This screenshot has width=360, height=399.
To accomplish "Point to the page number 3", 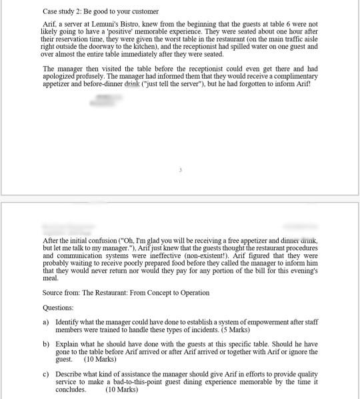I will [x=180, y=170].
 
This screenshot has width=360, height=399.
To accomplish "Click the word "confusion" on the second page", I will [x=101, y=240].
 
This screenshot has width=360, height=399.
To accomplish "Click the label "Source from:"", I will [x=61, y=293].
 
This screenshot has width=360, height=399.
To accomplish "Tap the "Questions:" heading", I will [x=58, y=308].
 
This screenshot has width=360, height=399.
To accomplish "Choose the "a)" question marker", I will [x=46, y=322].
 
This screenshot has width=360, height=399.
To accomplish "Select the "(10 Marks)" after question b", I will [x=100, y=360].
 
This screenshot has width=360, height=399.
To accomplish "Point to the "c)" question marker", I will [x=46, y=374].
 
